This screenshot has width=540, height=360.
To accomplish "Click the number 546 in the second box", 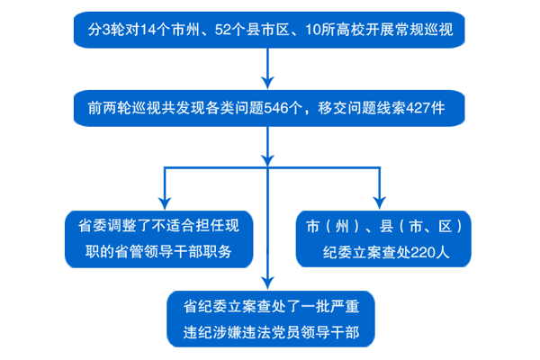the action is coord(275,108).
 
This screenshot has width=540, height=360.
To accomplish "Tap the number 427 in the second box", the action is coord(418,108).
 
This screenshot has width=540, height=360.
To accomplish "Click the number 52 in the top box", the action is coord(222,30).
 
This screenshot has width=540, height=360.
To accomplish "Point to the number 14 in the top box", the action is coord(148,30).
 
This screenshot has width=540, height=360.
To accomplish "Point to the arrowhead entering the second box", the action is coord(267,83).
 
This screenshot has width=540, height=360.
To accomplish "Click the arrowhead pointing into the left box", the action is coord(165,203).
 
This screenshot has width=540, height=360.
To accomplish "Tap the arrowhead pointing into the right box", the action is coord(380,202).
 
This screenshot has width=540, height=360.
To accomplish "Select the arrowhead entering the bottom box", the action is coord(267,283).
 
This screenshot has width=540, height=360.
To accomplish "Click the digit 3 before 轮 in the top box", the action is coord(106,30).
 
